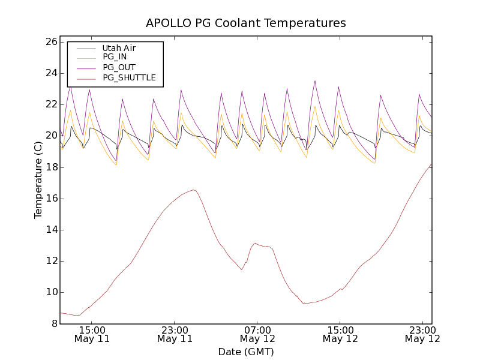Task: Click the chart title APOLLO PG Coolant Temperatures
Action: tap(246, 23)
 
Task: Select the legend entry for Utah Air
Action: tap(119, 48)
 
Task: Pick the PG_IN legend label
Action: tap(115, 57)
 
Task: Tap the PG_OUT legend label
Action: tap(118, 67)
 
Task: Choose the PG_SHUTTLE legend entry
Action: tap(129, 77)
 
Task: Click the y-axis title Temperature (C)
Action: tap(38, 180)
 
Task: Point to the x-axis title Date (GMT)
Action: tap(246, 352)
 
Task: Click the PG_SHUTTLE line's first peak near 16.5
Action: tap(194, 190)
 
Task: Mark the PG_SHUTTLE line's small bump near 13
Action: tap(256, 243)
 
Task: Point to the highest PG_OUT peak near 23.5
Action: tap(315, 81)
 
